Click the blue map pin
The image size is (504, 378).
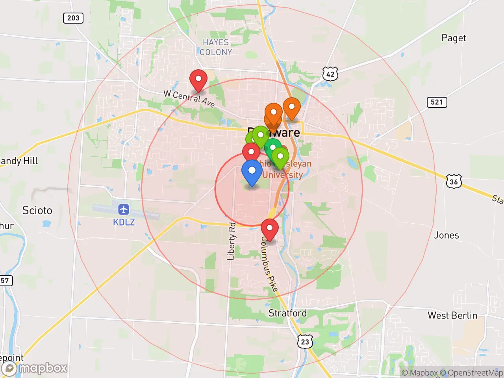click(252, 172)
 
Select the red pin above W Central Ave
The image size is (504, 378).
click(198, 80)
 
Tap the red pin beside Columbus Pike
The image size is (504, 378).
click(270, 229)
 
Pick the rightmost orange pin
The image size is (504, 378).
click(292, 107)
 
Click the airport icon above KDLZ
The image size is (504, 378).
click(124, 209)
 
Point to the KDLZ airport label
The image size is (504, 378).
click(124, 222)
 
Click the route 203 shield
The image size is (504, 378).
click(73, 18)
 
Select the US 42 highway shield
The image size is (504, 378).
click(330, 74)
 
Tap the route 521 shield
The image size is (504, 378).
click(437, 102)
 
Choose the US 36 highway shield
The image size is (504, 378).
click(454, 182)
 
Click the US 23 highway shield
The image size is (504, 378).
click(305, 341)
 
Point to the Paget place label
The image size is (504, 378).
click(454, 38)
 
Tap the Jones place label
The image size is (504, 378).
click(446, 235)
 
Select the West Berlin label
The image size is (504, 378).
click(452, 315)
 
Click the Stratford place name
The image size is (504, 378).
click(287, 313)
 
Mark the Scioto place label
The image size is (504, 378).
click(37, 210)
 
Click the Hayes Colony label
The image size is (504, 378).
click(215, 47)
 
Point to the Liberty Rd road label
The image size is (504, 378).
click(232, 241)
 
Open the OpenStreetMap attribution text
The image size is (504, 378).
click(475, 372)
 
